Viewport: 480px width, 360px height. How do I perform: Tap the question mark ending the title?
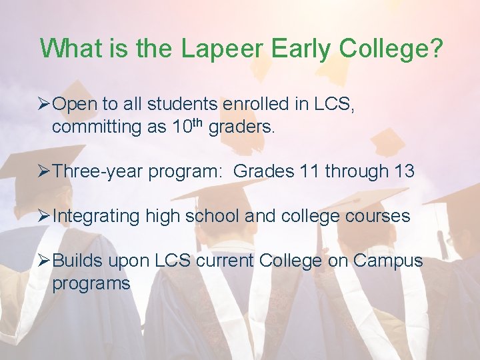click(435, 49)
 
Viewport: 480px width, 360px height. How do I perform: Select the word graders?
click(241, 127)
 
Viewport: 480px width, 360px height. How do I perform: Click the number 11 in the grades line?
click(310, 171)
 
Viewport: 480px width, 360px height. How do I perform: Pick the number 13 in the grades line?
click(404, 171)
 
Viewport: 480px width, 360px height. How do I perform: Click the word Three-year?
click(97, 171)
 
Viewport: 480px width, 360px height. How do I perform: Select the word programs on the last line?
click(91, 284)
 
